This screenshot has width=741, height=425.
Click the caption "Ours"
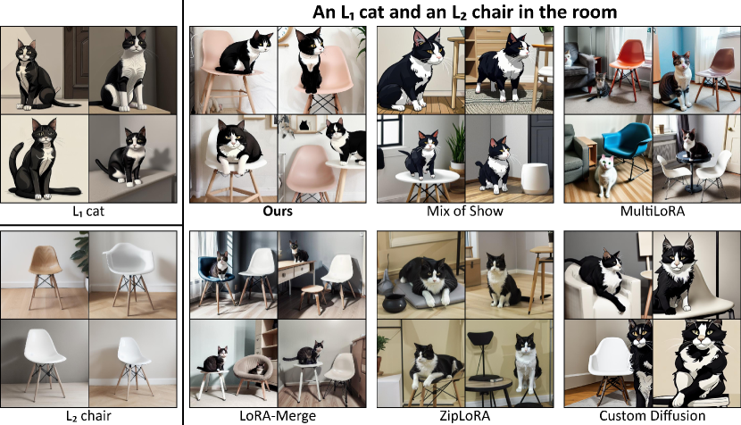tap(278, 211)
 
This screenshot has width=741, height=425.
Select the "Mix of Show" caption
tap(464, 211)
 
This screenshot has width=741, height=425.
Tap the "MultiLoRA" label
tap(652, 211)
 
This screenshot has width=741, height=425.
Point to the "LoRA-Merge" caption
tap(278, 416)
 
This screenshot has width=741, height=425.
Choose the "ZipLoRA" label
tap(464, 416)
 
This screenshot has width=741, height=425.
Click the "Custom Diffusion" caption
tap(652, 416)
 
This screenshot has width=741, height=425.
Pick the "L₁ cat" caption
tap(88, 212)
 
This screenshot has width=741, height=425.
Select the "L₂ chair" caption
tap(88, 416)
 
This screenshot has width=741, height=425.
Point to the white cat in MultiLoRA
tap(606, 176)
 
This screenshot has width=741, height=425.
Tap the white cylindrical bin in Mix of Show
tap(535, 179)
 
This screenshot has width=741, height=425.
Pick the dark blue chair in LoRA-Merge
tap(215, 279)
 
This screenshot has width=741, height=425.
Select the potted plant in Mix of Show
tap(455, 144)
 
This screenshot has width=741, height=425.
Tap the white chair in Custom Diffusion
tap(609, 370)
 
